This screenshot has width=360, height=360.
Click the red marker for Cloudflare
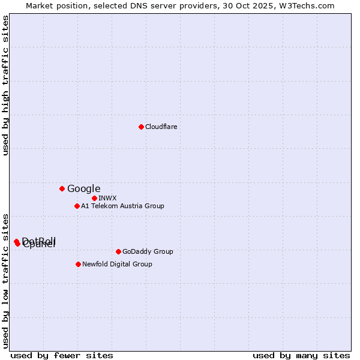pyautogui.click(x=141, y=127)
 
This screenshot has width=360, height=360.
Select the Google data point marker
pyautogui.click(x=62, y=188)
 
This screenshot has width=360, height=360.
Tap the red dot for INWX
pyautogui.click(x=94, y=198)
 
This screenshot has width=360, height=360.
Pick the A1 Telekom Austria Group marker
pyautogui.click(x=77, y=206)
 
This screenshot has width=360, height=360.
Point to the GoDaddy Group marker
pyautogui.click(x=118, y=251)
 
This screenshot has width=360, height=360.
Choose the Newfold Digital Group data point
pyautogui.click(x=78, y=264)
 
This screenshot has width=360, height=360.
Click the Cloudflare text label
pyautogui.click(x=161, y=127)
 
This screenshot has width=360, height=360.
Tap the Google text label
pyautogui.click(x=83, y=188)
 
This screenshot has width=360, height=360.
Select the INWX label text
pyautogui.click(x=107, y=198)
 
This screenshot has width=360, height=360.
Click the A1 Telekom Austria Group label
pyautogui.click(x=122, y=206)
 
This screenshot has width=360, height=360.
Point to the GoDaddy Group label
pyautogui.click(x=147, y=251)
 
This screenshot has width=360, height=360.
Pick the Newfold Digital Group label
pyautogui.click(x=117, y=264)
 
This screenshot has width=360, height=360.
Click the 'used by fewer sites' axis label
pyautogui.click(x=62, y=355)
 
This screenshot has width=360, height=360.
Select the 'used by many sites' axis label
pyautogui.click(x=301, y=355)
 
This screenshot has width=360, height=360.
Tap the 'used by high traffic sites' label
pyautogui.click(x=6, y=86)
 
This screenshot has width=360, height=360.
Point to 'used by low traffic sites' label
pyautogui.click(x=6, y=280)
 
